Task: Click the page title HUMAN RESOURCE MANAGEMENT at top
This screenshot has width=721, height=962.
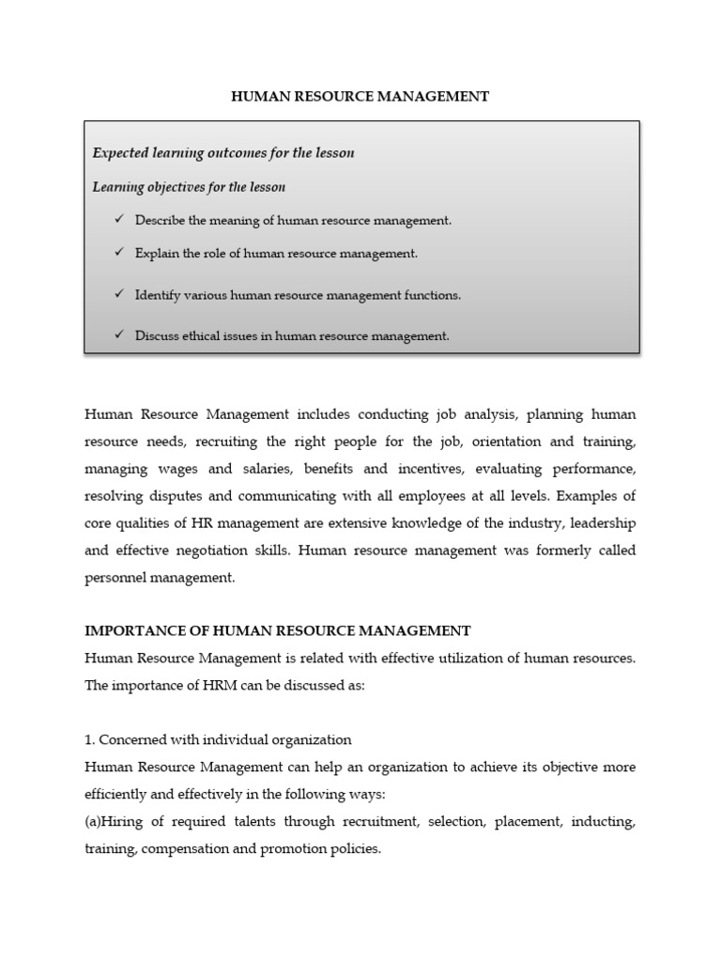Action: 360,97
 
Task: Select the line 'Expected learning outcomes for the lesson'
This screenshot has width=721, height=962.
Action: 222,152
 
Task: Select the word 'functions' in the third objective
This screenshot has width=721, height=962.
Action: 434,295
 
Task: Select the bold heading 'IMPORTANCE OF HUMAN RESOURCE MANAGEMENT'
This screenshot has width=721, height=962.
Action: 277,630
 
